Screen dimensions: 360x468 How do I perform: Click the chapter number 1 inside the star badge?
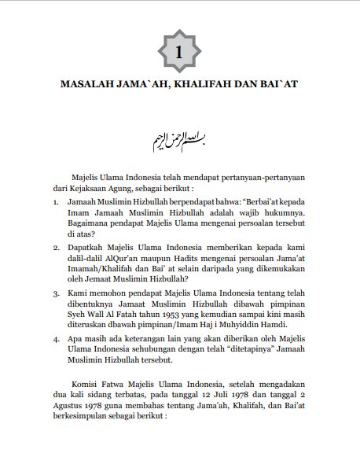(180, 52)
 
